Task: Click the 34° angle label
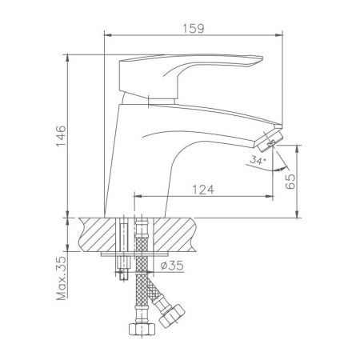(257, 162)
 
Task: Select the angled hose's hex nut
(172, 318)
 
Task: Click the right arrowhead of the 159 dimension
(282, 34)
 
